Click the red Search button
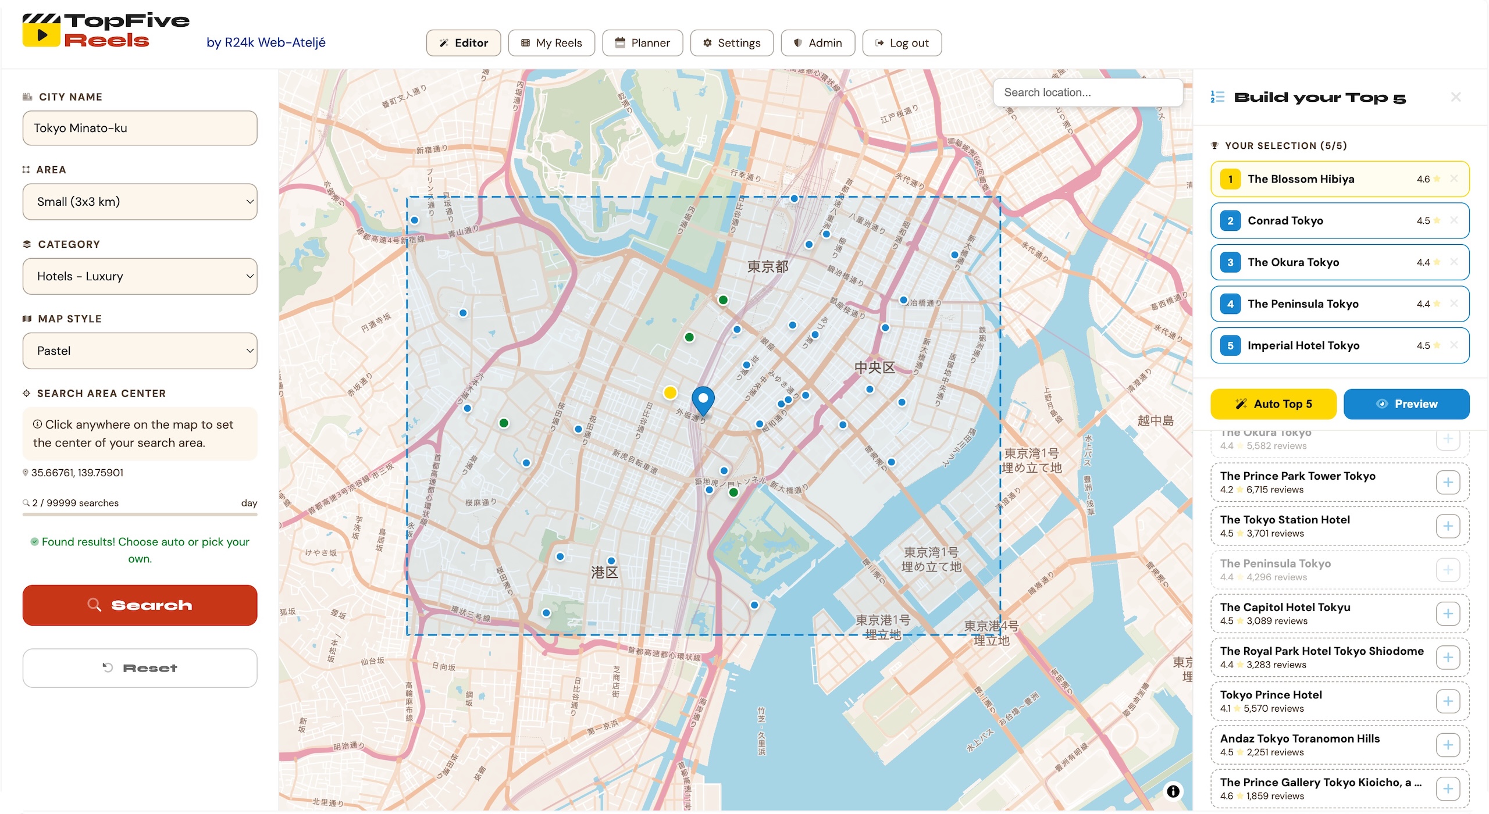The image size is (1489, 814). [x=140, y=605]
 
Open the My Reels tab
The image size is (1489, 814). [x=551, y=43]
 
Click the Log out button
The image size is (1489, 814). [x=902, y=43]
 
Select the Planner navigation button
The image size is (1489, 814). [x=642, y=43]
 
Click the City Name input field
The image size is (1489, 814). [x=140, y=128]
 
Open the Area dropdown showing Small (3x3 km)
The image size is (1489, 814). [x=140, y=202]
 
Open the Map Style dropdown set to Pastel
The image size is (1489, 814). [x=140, y=351]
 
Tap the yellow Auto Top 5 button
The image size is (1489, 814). [x=1273, y=404]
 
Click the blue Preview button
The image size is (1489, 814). [x=1406, y=404]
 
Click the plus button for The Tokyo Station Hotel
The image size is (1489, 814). [x=1447, y=526]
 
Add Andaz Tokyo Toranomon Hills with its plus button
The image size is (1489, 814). [x=1447, y=745]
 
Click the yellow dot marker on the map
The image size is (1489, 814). [x=670, y=392]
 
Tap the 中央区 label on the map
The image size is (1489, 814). [x=874, y=367]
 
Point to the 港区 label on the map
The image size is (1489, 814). [x=604, y=572]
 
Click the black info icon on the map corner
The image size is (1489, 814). [x=1173, y=791]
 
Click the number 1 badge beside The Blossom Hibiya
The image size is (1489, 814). [x=1230, y=179]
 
